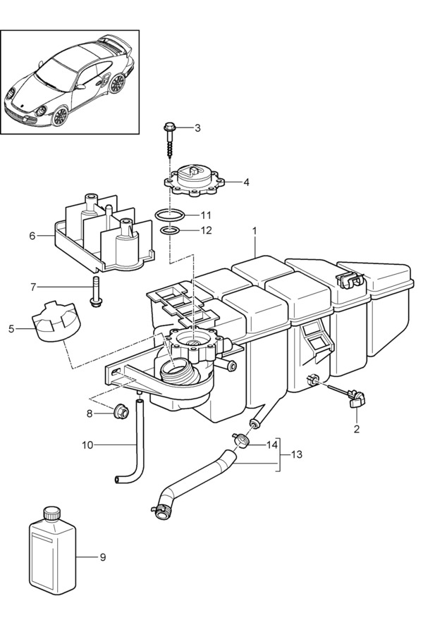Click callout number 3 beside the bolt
point(197,128)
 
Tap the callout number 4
point(246,182)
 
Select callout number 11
point(206,215)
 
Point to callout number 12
point(206,230)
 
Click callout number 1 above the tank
point(255,231)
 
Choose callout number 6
point(32,235)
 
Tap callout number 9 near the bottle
point(103,557)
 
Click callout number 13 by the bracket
point(297,454)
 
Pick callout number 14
point(272,445)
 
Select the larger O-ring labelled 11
point(170,216)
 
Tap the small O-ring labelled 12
point(170,231)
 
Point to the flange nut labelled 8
point(121,412)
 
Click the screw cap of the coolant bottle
point(52,514)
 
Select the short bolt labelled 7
point(97,291)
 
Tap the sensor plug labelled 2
point(357,398)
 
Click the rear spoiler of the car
point(115,43)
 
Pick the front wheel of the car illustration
point(59,116)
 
